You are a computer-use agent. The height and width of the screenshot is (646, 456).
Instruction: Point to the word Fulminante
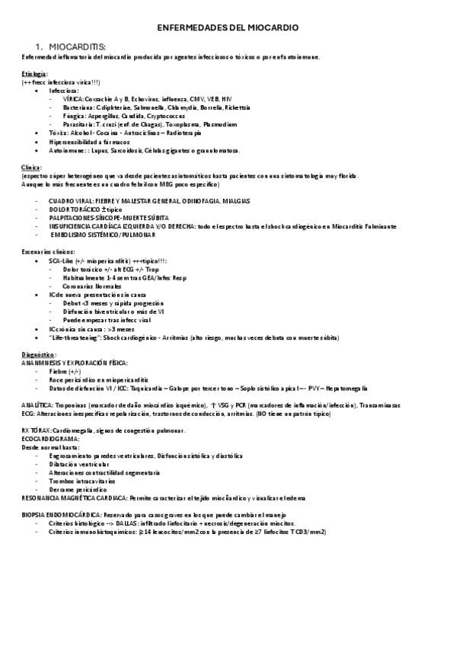tap(378, 226)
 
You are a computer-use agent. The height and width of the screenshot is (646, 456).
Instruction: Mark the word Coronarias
tap(81, 285)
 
